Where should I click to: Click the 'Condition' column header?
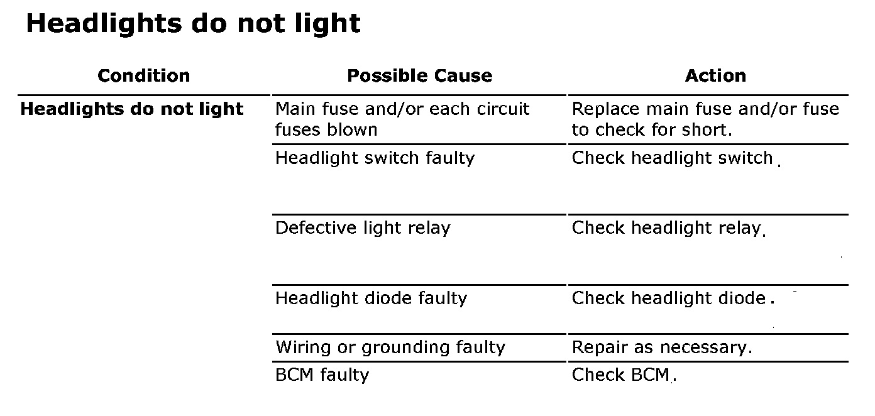click(x=143, y=76)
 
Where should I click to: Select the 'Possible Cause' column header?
click(x=419, y=76)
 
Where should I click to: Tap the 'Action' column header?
click(x=715, y=76)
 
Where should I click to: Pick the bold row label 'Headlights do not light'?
click(x=131, y=109)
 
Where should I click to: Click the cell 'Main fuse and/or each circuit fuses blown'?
click(x=402, y=119)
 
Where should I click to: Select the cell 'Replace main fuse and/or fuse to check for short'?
click(x=705, y=119)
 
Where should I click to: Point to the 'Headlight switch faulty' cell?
click(x=375, y=158)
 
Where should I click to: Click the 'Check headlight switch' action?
click(x=672, y=158)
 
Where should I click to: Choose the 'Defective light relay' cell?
click(x=363, y=228)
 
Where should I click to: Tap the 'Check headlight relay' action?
click(x=666, y=228)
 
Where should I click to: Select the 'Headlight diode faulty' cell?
click(x=371, y=298)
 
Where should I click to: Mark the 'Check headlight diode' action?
click(x=669, y=298)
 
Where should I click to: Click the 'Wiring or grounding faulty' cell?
click(x=390, y=348)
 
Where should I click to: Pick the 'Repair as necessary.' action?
click(x=661, y=348)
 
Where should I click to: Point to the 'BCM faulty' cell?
click(x=322, y=375)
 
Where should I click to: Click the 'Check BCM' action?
click(x=621, y=375)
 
